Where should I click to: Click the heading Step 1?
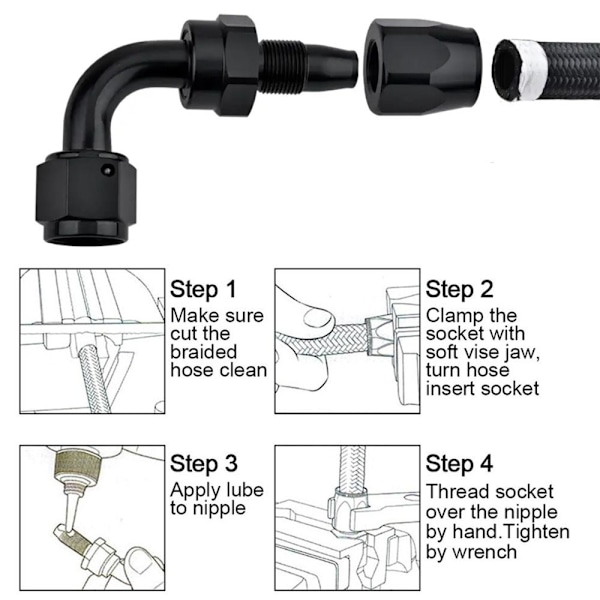[203, 289]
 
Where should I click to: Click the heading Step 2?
[459, 289]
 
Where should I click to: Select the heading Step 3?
[204, 464]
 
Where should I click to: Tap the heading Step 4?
[459, 464]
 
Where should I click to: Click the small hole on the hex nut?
[108, 170]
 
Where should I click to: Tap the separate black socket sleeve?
[422, 68]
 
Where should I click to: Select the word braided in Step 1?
[204, 352]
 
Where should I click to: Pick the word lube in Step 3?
[245, 490]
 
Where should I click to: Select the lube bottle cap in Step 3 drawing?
[78, 464]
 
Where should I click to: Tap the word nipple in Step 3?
[219, 509]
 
